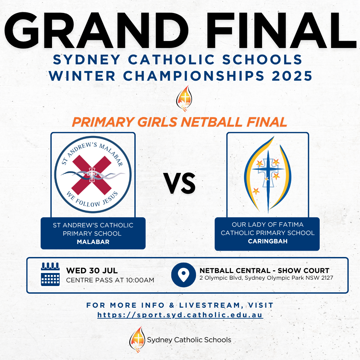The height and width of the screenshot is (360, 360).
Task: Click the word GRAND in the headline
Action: click(x=96, y=30)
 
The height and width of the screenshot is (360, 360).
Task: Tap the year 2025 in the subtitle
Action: click(x=292, y=76)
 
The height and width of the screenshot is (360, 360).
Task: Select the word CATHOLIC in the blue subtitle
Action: click(x=171, y=60)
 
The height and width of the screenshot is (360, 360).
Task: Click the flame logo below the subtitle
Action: click(x=184, y=98)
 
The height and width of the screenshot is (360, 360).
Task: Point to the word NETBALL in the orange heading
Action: click(x=211, y=122)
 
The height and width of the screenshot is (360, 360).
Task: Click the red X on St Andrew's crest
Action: click(x=92, y=175)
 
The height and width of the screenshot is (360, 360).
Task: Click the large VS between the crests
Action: click(x=179, y=183)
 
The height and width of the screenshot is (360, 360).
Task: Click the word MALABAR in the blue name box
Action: click(x=93, y=242)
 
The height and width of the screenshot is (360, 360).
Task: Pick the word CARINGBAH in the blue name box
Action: click(x=268, y=241)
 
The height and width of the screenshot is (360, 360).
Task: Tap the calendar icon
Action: click(x=50, y=274)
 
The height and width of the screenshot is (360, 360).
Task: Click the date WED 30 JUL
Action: click(x=92, y=271)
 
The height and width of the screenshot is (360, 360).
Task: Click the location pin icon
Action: click(x=183, y=275)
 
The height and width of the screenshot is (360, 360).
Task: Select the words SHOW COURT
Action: click(x=304, y=271)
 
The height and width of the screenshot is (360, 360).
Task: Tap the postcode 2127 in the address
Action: click(x=327, y=278)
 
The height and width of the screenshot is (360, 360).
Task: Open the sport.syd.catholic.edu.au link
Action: click(x=180, y=315)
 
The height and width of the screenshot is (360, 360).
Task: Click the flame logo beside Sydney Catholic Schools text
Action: click(x=137, y=339)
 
